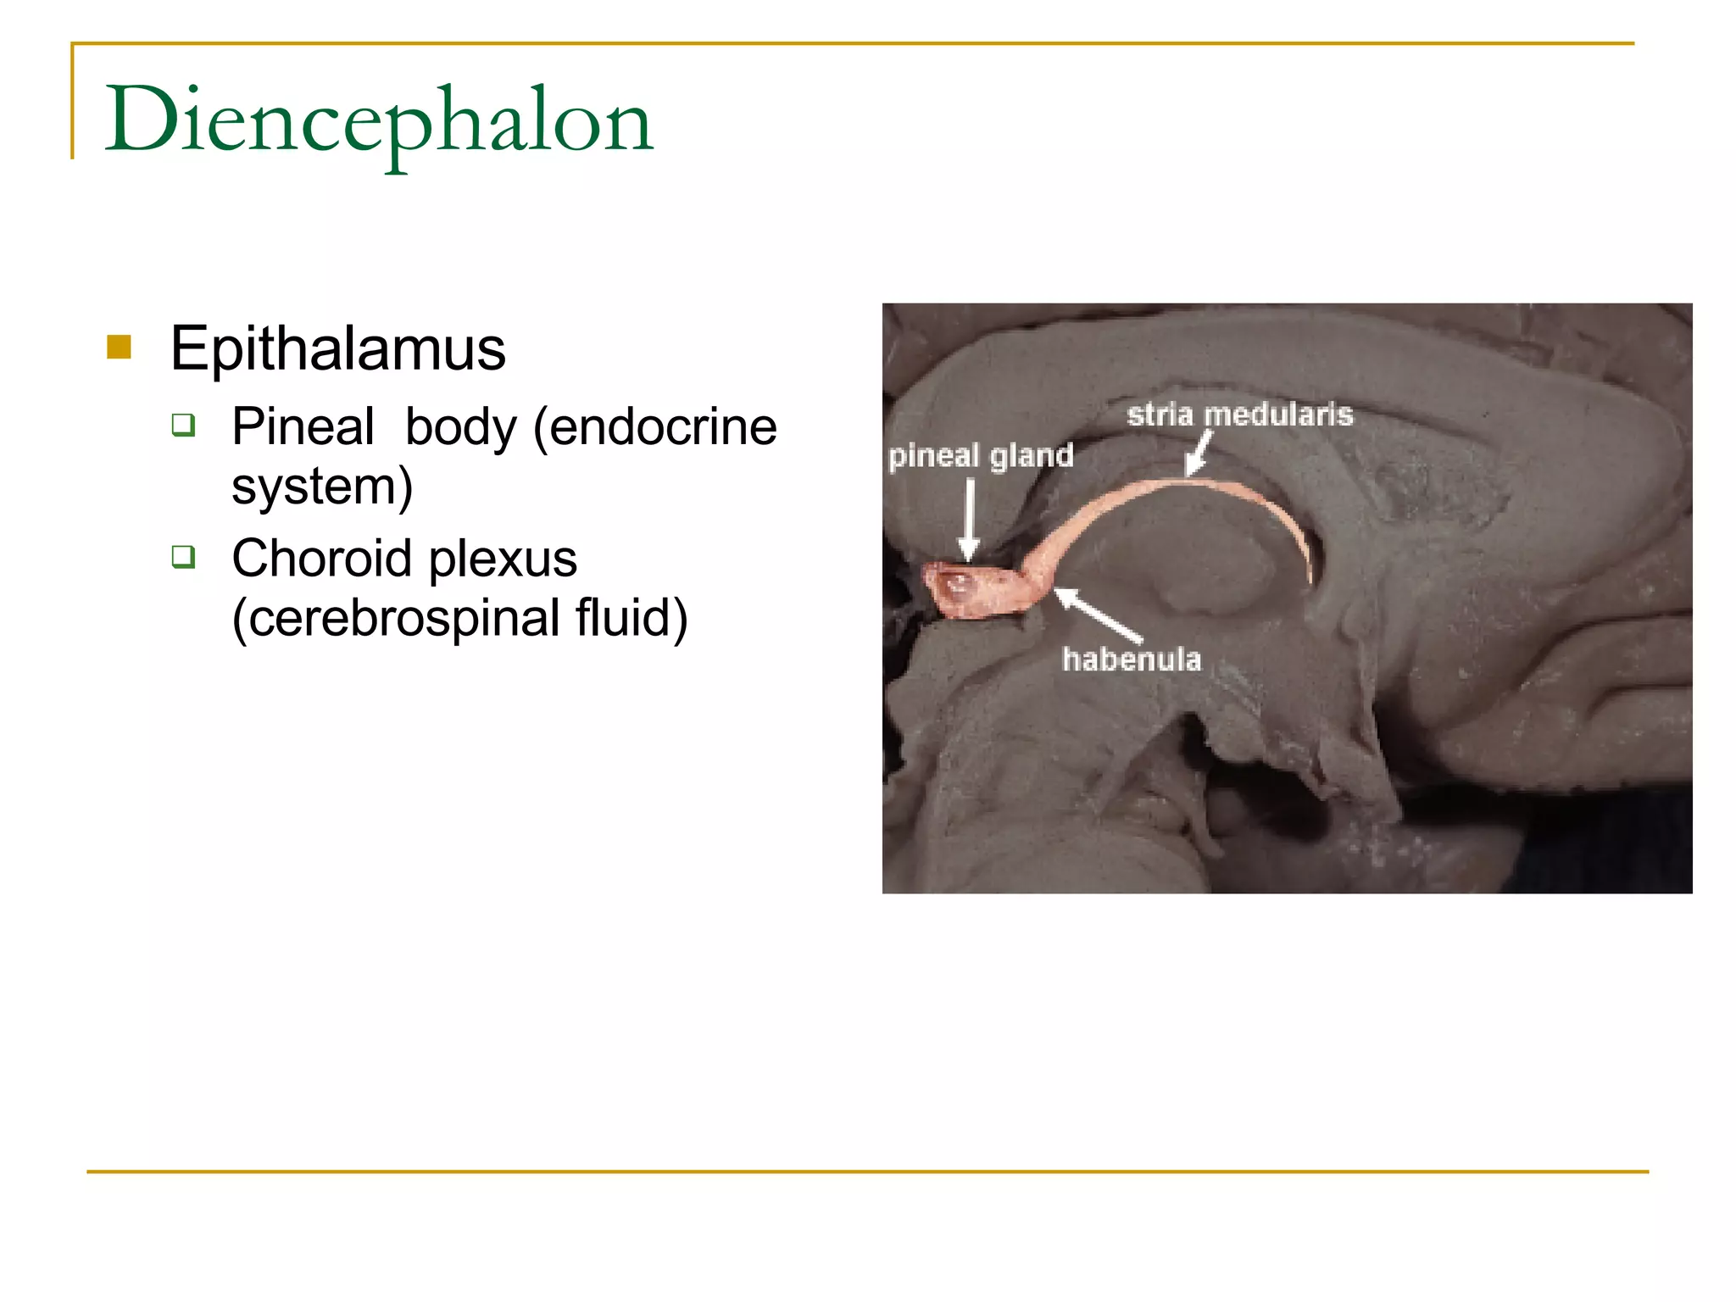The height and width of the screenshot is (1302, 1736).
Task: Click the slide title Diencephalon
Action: pos(379,121)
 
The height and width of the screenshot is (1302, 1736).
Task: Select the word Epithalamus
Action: pos(337,348)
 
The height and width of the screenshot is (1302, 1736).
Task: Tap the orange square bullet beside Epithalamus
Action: pos(120,347)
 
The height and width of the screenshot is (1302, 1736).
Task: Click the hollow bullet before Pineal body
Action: pos(183,424)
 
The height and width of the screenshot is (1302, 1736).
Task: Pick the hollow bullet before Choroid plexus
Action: pos(183,557)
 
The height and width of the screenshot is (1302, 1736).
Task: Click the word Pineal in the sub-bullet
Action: pos(303,426)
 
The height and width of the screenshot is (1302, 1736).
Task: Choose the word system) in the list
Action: pos(322,487)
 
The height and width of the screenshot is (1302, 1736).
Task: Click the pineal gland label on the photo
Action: pos(981,456)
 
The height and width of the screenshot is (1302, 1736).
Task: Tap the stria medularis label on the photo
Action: pos(1240,415)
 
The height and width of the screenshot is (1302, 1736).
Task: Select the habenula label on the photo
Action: pos(1132,659)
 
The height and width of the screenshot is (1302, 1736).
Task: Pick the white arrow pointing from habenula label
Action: pos(1098,615)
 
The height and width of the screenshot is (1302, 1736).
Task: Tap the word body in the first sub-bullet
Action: pos(460,426)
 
